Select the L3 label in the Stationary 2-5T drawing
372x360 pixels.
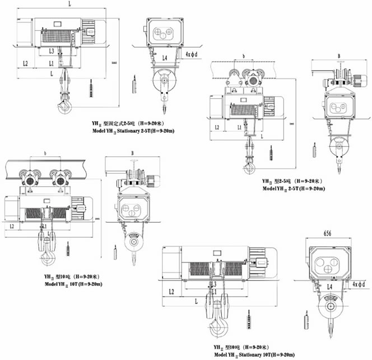51,51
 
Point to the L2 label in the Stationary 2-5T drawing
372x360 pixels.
25,63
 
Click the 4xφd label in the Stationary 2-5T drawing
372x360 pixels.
193,54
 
